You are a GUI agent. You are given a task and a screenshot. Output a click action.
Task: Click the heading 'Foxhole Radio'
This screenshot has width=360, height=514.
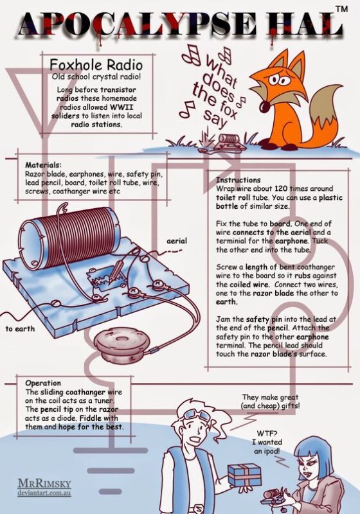point(96,65)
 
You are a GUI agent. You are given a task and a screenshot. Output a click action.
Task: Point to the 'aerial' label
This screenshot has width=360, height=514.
point(177,241)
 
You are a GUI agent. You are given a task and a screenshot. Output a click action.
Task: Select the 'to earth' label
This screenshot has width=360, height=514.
point(20,328)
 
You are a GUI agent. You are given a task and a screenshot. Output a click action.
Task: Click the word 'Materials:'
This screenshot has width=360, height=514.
point(43,165)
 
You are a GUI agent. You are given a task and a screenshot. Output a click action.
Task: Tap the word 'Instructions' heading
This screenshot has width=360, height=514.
point(238,180)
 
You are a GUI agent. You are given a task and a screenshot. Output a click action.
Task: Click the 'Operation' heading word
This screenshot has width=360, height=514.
point(43,383)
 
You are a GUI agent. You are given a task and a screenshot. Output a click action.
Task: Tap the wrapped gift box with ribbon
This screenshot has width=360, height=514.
point(244,475)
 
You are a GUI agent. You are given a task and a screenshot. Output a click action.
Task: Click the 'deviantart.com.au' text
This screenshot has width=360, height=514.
point(44,493)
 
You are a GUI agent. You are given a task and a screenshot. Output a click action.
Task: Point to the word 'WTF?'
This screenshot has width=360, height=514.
point(267,434)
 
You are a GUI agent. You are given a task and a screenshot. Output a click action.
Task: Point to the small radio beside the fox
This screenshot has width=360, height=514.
point(228,142)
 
